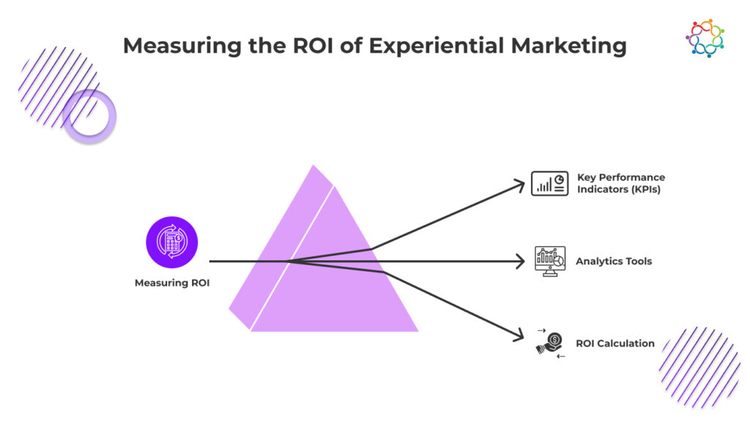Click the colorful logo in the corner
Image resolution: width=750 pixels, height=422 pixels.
705,38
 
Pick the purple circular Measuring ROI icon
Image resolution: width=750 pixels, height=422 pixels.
171,242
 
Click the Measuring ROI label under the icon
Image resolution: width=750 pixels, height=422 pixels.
171,283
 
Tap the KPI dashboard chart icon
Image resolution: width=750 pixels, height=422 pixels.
549,183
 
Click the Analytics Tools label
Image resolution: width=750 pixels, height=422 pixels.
614,261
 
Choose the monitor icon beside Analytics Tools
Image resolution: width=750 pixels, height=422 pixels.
550,261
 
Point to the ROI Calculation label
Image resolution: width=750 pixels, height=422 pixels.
615,343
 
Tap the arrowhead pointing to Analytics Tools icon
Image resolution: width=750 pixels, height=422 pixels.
521,261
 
